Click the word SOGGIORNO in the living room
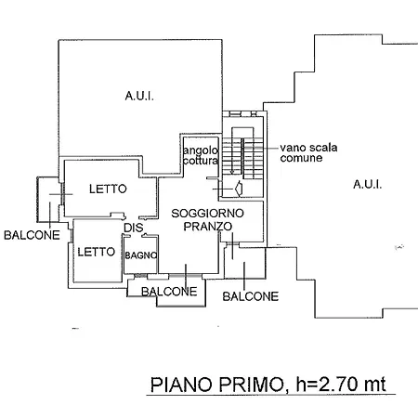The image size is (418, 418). coord(207,214)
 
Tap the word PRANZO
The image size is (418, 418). coord(208,227)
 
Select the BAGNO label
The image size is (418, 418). coord(141,255)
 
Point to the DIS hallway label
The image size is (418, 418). coord(134,228)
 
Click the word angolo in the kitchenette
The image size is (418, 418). coord(201,151)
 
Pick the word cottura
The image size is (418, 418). coord(201,161)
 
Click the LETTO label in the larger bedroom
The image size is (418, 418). coord(108,189)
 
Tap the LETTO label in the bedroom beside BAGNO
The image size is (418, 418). coord(97,252)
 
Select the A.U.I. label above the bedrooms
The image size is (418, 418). coord(139,96)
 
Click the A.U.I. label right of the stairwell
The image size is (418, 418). coord(367,185)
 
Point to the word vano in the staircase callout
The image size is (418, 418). coord(292,148)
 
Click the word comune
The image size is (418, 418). coord(301,158)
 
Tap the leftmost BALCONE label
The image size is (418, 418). coord(32,235)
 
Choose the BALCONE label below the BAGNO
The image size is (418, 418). coord(169,292)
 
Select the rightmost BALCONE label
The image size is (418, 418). coord(251,296)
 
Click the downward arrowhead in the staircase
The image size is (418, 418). coord(232,171)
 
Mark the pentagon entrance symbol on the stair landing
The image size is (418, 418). coord(239,189)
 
